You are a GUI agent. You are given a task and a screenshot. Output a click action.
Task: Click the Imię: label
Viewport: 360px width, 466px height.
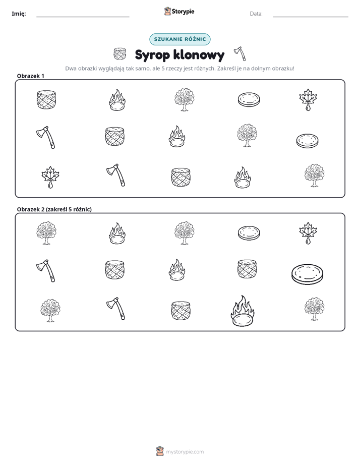19,14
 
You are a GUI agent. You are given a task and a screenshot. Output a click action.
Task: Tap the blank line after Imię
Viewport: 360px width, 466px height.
83,17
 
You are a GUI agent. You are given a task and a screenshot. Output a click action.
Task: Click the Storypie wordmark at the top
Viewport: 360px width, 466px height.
183,11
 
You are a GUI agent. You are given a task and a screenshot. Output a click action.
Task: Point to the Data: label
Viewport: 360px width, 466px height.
256,14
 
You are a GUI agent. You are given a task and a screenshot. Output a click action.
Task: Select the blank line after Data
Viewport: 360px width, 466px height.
311,17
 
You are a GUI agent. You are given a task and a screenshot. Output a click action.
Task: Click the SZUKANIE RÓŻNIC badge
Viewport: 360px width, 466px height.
180,39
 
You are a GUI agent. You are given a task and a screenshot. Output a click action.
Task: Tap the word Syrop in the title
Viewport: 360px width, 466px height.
152,55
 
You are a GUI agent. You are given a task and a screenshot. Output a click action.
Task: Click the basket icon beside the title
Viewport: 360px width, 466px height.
119,54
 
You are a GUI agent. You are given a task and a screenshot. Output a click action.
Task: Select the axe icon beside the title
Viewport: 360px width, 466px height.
240,53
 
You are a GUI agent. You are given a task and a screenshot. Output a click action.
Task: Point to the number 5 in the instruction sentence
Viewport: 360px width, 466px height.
163,69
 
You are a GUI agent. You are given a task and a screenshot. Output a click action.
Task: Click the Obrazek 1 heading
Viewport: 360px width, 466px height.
31,76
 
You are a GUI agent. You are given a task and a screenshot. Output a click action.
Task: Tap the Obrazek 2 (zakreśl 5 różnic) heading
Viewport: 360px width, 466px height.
54,209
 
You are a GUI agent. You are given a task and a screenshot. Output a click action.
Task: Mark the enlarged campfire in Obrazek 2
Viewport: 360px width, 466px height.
243,311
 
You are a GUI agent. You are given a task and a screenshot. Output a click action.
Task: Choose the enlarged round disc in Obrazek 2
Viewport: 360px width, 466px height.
307,274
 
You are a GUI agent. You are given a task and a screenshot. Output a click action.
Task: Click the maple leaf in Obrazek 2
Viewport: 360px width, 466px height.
308,233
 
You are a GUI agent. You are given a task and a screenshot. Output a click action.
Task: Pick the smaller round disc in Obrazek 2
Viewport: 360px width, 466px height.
249,233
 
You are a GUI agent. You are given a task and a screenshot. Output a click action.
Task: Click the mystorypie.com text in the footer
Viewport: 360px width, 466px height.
185,452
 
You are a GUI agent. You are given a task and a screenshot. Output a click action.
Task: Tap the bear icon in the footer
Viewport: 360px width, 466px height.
160,451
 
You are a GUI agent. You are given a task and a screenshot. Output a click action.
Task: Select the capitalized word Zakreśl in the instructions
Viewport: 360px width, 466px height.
226,69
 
